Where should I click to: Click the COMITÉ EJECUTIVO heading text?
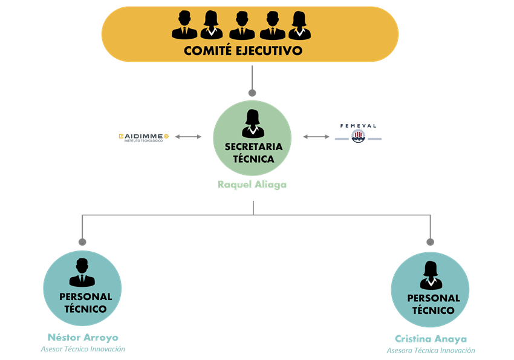pyautogui.click(x=243, y=50)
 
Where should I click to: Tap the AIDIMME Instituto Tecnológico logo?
pyautogui.click(x=143, y=138)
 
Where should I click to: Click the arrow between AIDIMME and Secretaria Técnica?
pyautogui.click(x=188, y=137)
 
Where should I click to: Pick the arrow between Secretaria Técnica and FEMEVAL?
pyautogui.click(x=316, y=137)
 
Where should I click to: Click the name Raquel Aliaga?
pyautogui.click(x=252, y=185)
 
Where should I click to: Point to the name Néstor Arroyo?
pyautogui.click(x=83, y=338)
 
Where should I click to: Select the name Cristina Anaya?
pyautogui.click(x=431, y=339)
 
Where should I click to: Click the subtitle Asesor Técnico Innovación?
pyautogui.click(x=83, y=349)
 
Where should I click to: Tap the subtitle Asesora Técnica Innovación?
pyautogui.click(x=431, y=350)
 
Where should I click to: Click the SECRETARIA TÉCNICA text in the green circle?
pyautogui.click(x=253, y=153)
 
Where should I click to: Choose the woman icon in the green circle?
pyautogui.click(x=253, y=123)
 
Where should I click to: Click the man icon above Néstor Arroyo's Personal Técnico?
pyautogui.click(x=82, y=272)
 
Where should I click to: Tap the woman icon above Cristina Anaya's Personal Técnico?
pyautogui.click(x=431, y=275)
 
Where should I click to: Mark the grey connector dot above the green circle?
pyautogui.click(x=252, y=93)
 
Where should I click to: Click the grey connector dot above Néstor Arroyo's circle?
pyautogui.click(x=82, y=242)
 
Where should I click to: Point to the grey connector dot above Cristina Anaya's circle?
pyautogui.click(x=431, y=242)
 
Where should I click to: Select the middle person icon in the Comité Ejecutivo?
pyautogui.click(x=242, y=25)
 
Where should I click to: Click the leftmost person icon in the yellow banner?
pyautogui.click(x=184, y=25)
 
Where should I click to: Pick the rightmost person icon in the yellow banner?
pyautogui.click(x=299, y=25)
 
